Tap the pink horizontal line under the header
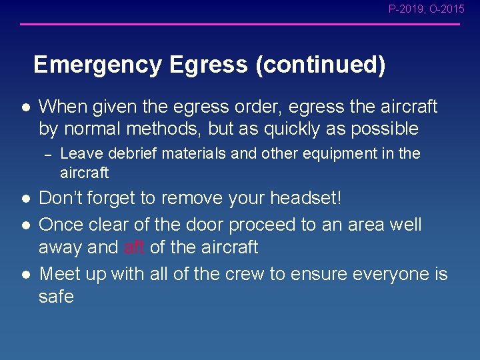(x=240, y=25)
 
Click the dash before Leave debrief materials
(x=47, y=154)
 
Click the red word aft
(x=134, y=247)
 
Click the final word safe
(x=56, y=297)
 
